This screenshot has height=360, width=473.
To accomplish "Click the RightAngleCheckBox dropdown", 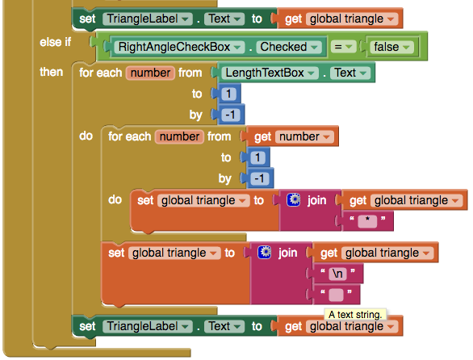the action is pos(179,47).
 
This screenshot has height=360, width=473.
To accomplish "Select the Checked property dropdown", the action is pos(289,47).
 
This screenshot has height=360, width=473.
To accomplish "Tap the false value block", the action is pos(391,47).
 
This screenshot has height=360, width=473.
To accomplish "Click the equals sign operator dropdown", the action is pos(344,47).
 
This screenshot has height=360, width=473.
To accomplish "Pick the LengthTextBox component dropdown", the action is pos(270,73).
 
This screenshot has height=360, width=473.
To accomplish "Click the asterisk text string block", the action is pos(367,221).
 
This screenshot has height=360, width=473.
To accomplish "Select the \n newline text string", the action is pos(337,274).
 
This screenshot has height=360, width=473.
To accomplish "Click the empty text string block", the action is pos(336,295).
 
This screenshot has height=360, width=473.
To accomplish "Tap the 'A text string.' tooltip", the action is pos(355,315).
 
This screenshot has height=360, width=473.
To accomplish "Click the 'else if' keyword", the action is pos(55,42).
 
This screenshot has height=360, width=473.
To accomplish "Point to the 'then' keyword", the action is pos(52,72).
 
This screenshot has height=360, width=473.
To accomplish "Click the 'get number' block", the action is pos(292,136).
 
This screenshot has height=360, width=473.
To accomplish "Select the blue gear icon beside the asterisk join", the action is pos(293,199).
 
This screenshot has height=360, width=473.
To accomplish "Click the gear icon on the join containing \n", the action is pos(265,253).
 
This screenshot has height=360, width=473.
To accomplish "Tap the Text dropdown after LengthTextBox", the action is pos(350,73).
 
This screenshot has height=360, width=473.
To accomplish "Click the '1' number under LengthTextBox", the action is pos(228,94).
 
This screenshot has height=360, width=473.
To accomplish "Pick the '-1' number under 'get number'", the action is pos(259,178).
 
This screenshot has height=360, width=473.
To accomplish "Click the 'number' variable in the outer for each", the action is pos(150,73).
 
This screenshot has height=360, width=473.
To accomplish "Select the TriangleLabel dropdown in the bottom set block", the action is pos(148,326).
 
